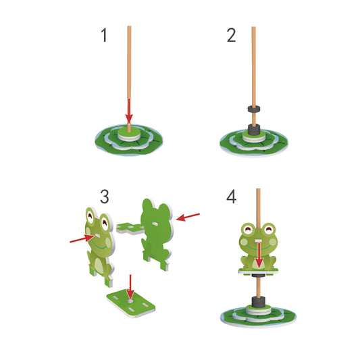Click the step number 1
pos(104,36)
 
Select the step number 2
pos(231,36)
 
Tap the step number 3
pos(104,197)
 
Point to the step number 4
pos(232,197)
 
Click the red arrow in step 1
pos(129,111)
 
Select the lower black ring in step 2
pos(255,129)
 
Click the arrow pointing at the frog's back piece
pos(188,217)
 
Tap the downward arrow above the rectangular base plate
pos(131,286)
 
